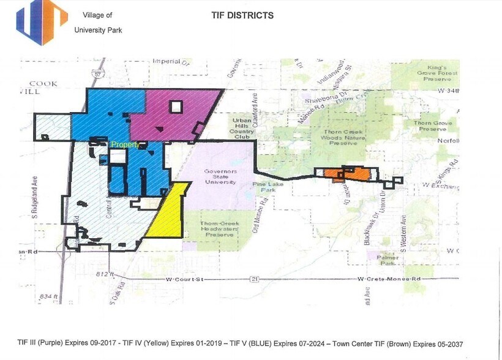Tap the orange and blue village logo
pyautogui.click(x=42, y=23)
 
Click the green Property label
pyautogui.click(x=125, y=144)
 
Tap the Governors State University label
pyautogui.click(x=221, y=177)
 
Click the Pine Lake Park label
pyautogui.click(x=266, y=187)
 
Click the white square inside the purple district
pyautogui.click(x=176, y=107)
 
